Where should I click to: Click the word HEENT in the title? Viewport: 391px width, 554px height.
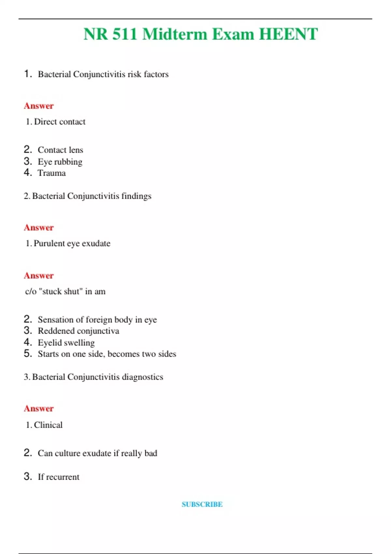288,34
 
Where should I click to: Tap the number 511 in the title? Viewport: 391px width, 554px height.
124,34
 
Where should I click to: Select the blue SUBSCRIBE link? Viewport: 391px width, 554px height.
202,504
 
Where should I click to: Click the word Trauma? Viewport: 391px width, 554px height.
51,173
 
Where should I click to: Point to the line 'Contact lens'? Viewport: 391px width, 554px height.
60,150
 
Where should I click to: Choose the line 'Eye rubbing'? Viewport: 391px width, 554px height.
60,162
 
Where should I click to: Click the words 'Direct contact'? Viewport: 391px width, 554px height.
60,122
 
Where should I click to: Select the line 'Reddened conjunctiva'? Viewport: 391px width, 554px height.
78,331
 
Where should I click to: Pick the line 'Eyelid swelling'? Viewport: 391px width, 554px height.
66,343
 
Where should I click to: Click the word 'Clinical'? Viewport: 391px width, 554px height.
48,425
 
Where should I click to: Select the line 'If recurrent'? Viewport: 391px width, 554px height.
58,477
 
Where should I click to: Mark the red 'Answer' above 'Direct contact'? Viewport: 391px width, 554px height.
38,106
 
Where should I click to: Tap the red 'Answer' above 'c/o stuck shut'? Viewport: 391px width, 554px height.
38,276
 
